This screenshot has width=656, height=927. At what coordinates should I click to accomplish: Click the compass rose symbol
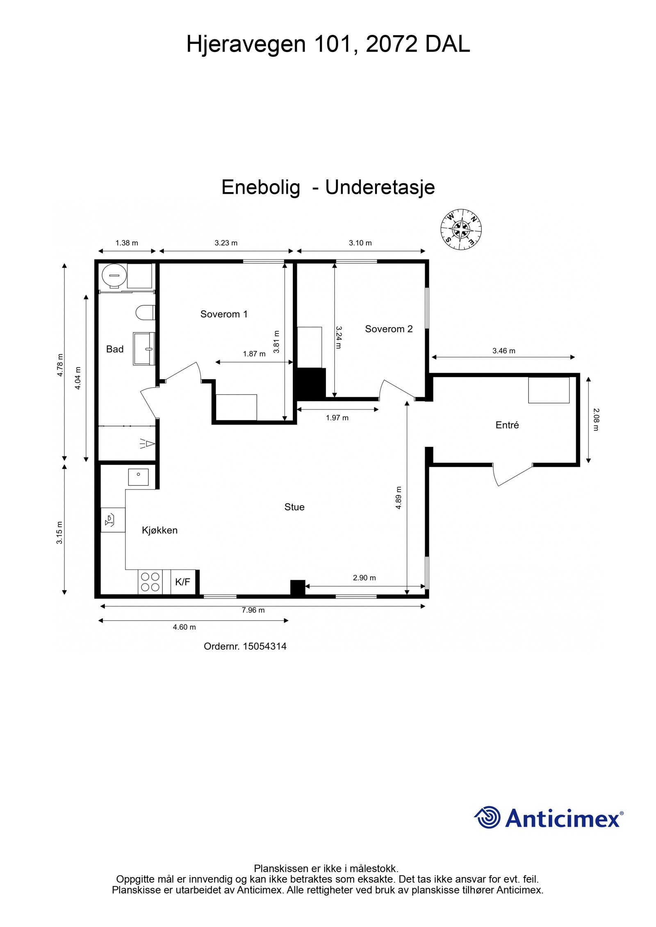[x=461, y=229]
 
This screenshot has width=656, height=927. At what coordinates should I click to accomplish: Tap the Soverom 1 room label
[x=224, y=314]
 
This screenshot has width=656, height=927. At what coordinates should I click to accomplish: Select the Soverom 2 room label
[x=389, y=329]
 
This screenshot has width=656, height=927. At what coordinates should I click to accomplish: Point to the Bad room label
[x=115, y=349]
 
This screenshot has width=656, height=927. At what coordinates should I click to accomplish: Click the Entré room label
[x=507, y=425]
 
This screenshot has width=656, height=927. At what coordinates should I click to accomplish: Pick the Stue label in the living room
[x=294, y=507]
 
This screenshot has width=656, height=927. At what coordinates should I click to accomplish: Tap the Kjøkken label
[x=159, y=530]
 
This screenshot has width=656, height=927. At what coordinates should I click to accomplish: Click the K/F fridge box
[x=183, y=582]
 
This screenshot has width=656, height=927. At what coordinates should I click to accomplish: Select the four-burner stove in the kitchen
[x=150, y=582]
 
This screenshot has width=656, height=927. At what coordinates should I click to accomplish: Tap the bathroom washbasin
[x=143, y=349]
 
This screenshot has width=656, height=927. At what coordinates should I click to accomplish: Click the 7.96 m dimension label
[x=253, y=610]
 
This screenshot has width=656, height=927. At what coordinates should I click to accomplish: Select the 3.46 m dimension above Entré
[x=503, y=351]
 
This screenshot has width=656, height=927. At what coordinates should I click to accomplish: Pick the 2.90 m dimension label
[x=364, y=578]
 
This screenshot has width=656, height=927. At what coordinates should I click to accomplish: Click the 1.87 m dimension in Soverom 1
[x=254, y=354]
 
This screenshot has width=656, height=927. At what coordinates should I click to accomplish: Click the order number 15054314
[x=264, y=646]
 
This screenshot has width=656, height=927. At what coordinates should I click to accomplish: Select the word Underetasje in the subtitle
[x=380, y=188]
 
